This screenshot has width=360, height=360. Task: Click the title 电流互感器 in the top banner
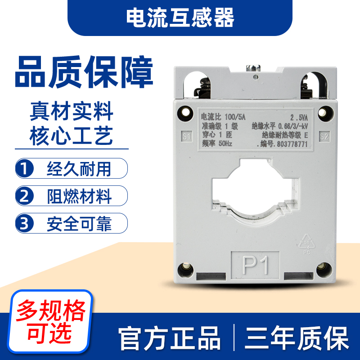click(180, 18)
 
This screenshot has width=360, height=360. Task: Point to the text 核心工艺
click(72, 135)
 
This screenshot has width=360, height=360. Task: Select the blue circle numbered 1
click(25, 169)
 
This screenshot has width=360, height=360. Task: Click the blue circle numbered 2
click(25, 196)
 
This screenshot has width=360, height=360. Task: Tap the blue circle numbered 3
click(25, 223)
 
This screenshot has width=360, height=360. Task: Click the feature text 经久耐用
click(79, 169)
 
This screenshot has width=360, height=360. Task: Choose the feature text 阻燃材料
click(79, 196)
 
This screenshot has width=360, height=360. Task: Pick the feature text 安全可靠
click(79, 223)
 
